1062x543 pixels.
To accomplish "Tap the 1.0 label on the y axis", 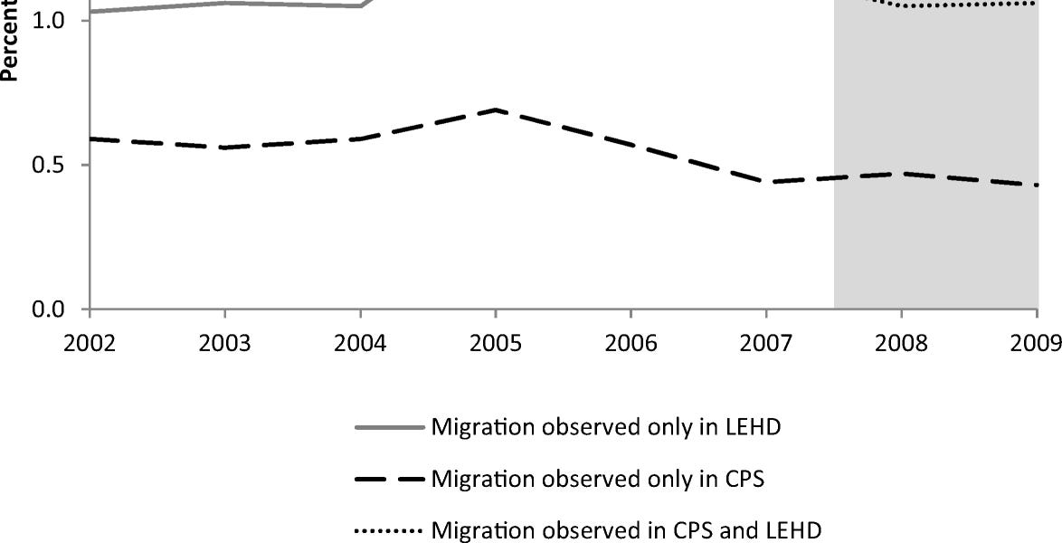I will click(49, 20).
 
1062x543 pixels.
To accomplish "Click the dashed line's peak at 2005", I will click(495, 110).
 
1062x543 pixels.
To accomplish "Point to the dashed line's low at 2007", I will click(765, 182).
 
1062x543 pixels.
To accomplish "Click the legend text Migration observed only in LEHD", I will click(606, 427).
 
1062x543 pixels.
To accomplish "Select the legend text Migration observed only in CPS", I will click(598, 478).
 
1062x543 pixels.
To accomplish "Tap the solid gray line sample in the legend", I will click(391, 428).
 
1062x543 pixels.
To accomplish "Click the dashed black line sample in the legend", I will click(391, 479).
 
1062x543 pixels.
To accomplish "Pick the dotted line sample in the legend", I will click(391, 529).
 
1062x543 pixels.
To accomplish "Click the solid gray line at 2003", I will click(224, 3).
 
